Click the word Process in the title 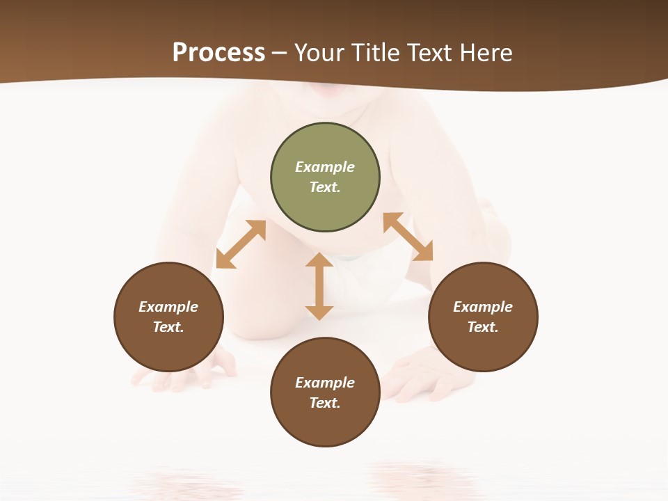click(x=218, y=53)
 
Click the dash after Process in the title click(x=280, y=54)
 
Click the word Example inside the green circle click(x=325, y=167)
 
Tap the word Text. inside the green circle click(x=325, y=187)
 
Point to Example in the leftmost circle click(x=168, y=307)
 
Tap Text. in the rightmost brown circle click(x=483, y=327)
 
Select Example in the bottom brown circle click(x=325, y=383)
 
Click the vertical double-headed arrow click(x=319, y=286)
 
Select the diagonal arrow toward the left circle click(x=241, y=244)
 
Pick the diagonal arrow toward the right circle click(x=408, y=237)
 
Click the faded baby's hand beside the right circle click(x=417, y=372)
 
